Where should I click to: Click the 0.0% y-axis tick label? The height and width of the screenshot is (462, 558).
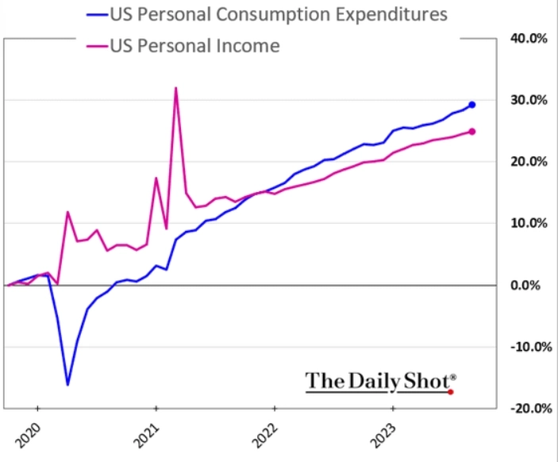click(529, 285)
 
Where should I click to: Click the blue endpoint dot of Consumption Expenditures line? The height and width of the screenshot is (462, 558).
click(472, 105)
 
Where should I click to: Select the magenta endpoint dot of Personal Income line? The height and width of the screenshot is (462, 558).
click(472, 132)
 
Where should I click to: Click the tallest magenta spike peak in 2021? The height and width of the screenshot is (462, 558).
click(175, 87)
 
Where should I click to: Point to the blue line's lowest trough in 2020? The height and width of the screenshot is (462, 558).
click(67, 385)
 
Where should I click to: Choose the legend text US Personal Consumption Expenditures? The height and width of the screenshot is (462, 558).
click(277, 14)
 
